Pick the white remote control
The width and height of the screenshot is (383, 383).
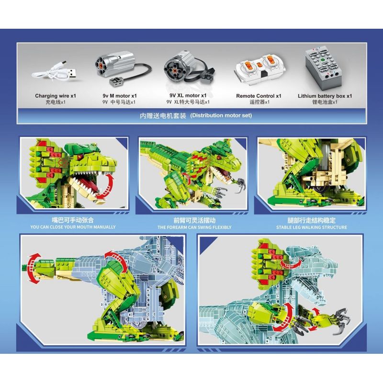(x=259, y=68)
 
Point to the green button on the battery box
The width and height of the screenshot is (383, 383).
(x=322, y=59)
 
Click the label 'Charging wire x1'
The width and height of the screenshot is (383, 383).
(x=56, y=96)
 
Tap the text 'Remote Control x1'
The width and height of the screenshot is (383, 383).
(x=259, y=96)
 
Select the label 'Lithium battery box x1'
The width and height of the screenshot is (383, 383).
(x=325, y=96)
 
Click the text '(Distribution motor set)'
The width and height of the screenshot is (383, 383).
(x=221, y=115)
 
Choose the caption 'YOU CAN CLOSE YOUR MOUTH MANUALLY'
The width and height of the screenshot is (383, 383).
(x=73, y=227)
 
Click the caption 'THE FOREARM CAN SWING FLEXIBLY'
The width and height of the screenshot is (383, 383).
(x=194, y=227)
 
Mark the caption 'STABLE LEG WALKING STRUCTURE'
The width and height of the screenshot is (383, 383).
(x=312, y=227)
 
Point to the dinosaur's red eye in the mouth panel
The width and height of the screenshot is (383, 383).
(x=79, y=157)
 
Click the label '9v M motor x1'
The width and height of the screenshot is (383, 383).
(x=120, y=96)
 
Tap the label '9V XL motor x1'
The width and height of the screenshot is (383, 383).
(x=188, y=95)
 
